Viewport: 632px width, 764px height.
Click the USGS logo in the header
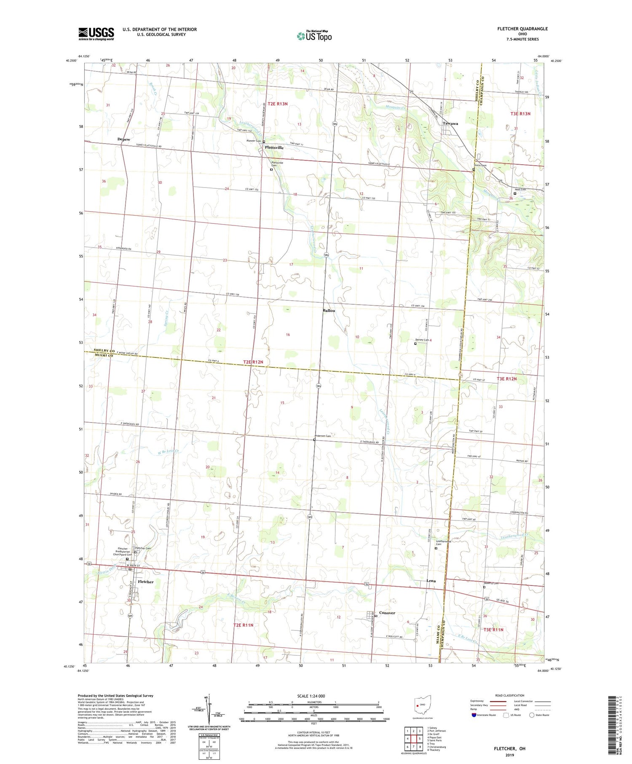(x=96, y=33)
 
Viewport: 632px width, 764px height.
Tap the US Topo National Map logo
(x=314, y=36)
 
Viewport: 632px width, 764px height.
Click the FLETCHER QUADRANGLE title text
(x=522, y=29)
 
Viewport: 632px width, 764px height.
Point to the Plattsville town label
(x=274, y=148)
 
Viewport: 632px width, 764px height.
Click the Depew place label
(x=123, y=139)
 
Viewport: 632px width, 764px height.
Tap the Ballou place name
(x=329, y=311)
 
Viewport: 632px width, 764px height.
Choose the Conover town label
(x=387, y=613)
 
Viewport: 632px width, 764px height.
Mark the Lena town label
(x=431, y=581)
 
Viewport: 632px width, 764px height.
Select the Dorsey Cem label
(x=422, y=340)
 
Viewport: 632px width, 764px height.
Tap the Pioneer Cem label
(x=254, y=142)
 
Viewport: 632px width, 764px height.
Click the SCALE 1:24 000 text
(x=311, y=696)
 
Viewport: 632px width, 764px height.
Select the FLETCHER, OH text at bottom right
(x=509, y=748)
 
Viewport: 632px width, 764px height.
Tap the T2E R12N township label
(x=255, y=362)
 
